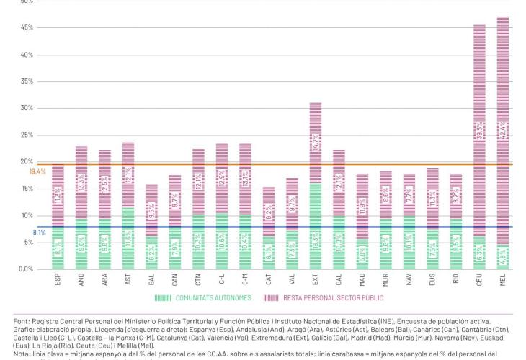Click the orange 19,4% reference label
click(x=37, y=172)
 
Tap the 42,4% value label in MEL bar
click(x=503, y=130)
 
